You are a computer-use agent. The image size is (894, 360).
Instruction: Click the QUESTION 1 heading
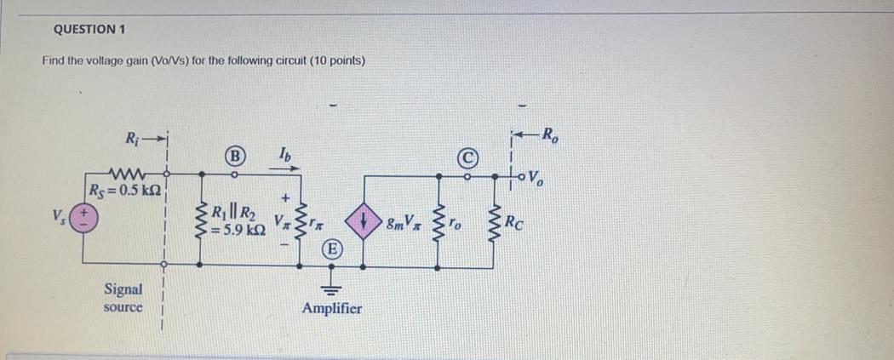click(89, 29)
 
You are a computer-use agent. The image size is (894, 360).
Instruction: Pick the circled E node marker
click(331, 249)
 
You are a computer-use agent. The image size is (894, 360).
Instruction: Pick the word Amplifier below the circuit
click(331, 308)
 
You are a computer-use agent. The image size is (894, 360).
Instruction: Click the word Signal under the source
click(123, 290)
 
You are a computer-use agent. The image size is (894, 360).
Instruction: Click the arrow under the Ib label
click(283, 169)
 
